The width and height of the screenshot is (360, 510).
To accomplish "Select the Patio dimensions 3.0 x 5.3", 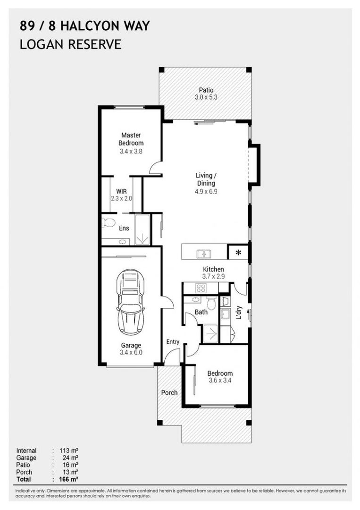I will [206, 97].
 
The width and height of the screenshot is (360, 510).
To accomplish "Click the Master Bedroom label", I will [131, 139].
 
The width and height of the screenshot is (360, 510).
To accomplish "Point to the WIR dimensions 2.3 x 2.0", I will [122, 198].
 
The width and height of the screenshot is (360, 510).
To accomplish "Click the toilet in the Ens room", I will [109, 222].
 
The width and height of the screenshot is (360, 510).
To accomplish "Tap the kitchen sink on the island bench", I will [204, 254].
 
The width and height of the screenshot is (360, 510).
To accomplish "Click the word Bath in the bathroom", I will [201, 312].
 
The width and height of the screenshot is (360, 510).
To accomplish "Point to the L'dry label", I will [239, 313].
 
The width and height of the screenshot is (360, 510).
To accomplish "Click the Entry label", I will [173, 342].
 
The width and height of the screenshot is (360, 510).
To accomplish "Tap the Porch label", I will [169, 392].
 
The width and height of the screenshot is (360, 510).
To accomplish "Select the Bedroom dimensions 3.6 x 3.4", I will [220, 380].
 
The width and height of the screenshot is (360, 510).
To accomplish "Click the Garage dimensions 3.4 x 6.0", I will [131, 352].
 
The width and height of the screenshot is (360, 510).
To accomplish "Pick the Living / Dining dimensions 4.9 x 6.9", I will [206, 191].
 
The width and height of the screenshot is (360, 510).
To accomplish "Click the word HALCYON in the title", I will [88, 26].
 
